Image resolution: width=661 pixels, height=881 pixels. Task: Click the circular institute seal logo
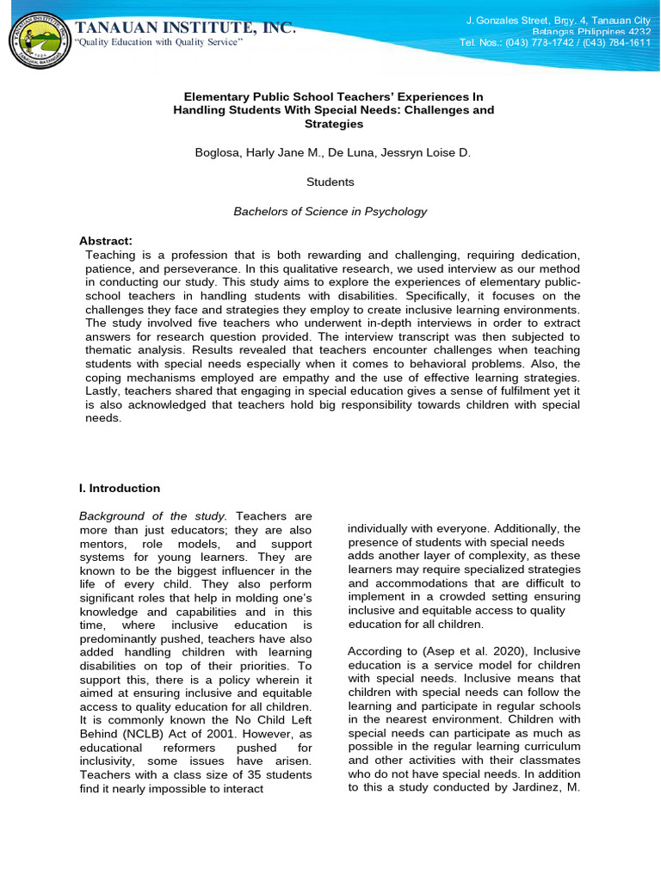(38, 38)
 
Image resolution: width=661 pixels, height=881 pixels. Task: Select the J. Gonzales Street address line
(558, 19)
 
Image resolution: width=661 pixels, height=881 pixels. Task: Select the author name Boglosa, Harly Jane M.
(247, 153)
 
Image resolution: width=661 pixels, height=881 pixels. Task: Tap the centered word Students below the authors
(330, 182)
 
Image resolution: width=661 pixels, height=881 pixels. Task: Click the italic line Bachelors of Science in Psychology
(330, 212)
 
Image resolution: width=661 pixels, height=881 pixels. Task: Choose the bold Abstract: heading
(106, 240)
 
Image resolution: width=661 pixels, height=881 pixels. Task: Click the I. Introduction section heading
(120, 489)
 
